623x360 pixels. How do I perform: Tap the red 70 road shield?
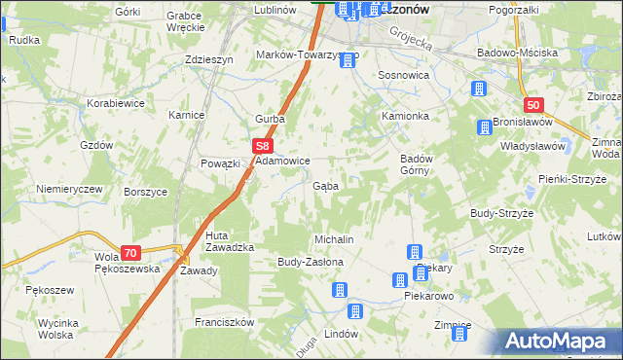pyautogui.click(x=130, y=252)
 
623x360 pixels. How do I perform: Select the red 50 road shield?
pyautogui.click(x=531, y=105)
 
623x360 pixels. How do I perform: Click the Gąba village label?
pyautogui.click(x=325, y=185)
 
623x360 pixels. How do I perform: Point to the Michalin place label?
pyautogui.click(x=332, y=239)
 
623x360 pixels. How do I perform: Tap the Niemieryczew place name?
pyautogui.click(x=69, y=189)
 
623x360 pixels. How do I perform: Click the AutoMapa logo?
pyautogui.click(x=560, y=341)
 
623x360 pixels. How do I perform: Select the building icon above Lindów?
pyautogui.click(x=355, y=311)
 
